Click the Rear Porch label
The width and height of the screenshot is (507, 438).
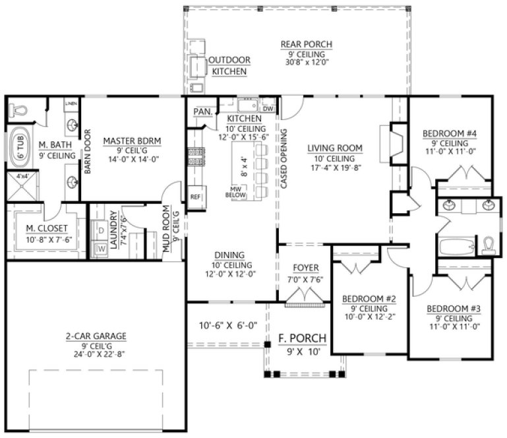pos(306,45)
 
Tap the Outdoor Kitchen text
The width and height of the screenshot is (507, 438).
pos(228,65)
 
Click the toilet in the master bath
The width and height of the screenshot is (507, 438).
pos(19,108)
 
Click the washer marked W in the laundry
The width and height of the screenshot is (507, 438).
pos(102,249)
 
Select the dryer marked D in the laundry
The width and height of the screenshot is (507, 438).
pos(102,232)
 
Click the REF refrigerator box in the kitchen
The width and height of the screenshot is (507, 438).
pos(195,197)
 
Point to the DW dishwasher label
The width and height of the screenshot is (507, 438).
pos(268,108)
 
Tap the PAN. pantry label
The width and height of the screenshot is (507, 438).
pos(202,112)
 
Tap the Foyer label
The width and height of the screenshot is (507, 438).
pos(305,267)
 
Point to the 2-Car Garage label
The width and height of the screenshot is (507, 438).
pos(91,336)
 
